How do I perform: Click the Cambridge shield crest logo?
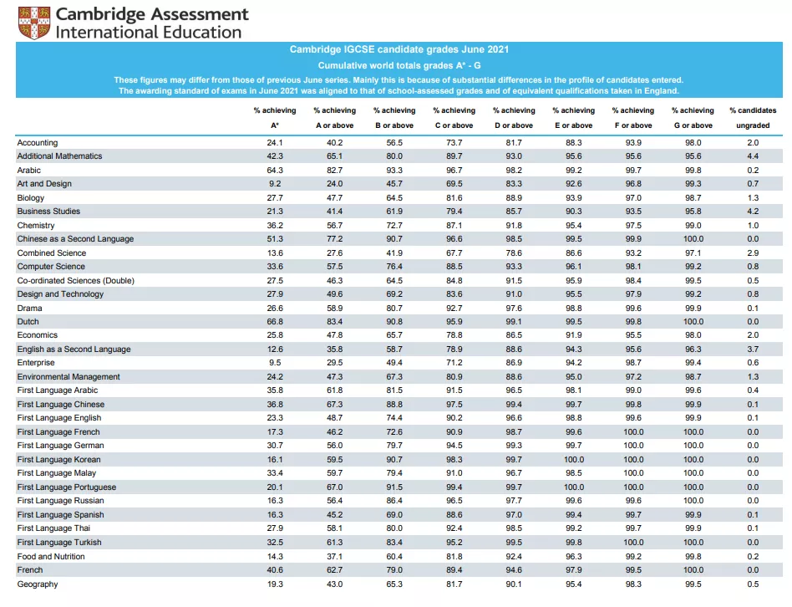point(34,23)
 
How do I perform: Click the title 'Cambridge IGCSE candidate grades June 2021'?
point(399,49)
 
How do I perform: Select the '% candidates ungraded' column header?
point(753,118)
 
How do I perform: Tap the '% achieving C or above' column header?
point(454,118)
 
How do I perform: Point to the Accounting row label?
point(38,142)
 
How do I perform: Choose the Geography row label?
point(38,584)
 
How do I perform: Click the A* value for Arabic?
point(275,171)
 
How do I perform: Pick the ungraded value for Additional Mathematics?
point(753,156)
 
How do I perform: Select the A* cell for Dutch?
point(275,321)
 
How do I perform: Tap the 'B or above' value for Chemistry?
point(394,226)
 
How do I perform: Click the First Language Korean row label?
point(58,459)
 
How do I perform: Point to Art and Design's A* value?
point(275,184)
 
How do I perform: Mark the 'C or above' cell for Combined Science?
point(454,252)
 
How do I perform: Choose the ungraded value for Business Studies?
point(753,212)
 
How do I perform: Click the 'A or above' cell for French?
point(334,569)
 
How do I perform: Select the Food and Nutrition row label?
point(51,557)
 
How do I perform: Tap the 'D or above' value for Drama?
point(514,309)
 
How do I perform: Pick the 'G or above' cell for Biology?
point(693,197)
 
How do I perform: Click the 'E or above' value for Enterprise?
point(573,363)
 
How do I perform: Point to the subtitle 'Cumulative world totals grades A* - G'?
point(399,66)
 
